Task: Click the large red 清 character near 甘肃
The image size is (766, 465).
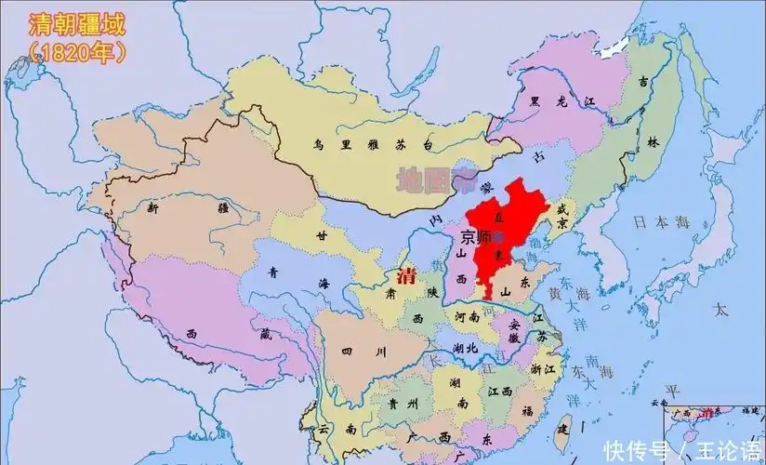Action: (x=405, y=276)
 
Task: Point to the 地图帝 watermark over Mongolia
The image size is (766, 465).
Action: (x=434, y=178)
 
